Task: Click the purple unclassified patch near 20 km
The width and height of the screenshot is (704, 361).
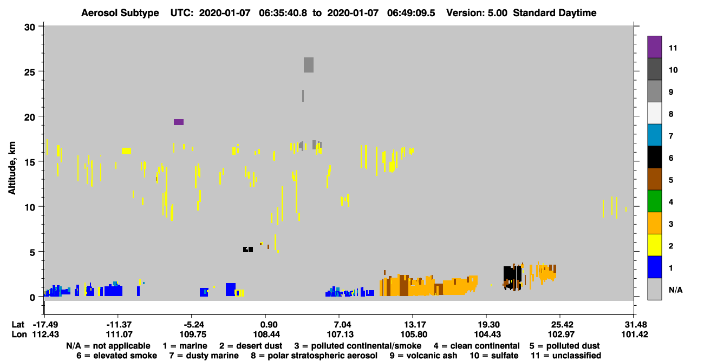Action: [x=179, y=122]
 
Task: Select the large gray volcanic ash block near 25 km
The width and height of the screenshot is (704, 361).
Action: [x=308, y=65]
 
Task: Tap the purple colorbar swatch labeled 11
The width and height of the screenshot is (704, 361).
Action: [x=654, y=47]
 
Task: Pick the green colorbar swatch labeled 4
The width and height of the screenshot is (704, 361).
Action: [x=654, y=201]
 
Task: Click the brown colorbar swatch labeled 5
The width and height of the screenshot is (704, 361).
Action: [x=654, y=179]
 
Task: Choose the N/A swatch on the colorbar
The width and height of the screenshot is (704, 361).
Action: [x=654, y=289]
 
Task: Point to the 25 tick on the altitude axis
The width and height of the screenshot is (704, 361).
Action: [x=41, y=71]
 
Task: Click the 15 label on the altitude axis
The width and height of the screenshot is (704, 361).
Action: [x=30, y=162]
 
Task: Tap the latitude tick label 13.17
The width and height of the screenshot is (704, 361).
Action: [x=413, y=325]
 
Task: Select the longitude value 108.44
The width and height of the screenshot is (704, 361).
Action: [x=266, y=334]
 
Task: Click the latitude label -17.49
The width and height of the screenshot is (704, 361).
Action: [x=46, y=325]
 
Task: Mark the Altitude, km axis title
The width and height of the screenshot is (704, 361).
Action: [x=12, y=168]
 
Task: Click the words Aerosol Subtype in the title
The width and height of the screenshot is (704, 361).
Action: [x=120, y=13]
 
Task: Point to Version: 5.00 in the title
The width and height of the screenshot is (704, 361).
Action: [x=477, y=13]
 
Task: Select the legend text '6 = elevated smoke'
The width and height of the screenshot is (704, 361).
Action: [x=116, y=356]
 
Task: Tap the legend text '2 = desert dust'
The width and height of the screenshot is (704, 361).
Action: [x=251, y=346]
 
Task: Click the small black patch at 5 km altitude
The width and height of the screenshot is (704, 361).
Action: [x=248, y=249]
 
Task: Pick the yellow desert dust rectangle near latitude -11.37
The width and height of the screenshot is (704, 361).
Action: [x=126, y=151]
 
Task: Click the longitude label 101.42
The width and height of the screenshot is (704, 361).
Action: [x=635, y=334]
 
